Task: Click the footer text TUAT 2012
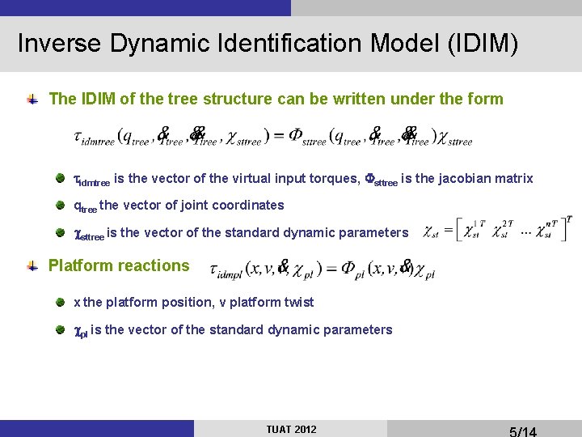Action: (x=291, y=429)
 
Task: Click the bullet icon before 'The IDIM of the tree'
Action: (x=32, y=100)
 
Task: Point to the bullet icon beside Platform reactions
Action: (x=32, y=266)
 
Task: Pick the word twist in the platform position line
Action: (x=296, y=302)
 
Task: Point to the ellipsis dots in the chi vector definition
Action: (x=526, y=231)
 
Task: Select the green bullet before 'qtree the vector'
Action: (x=61, y=206)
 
